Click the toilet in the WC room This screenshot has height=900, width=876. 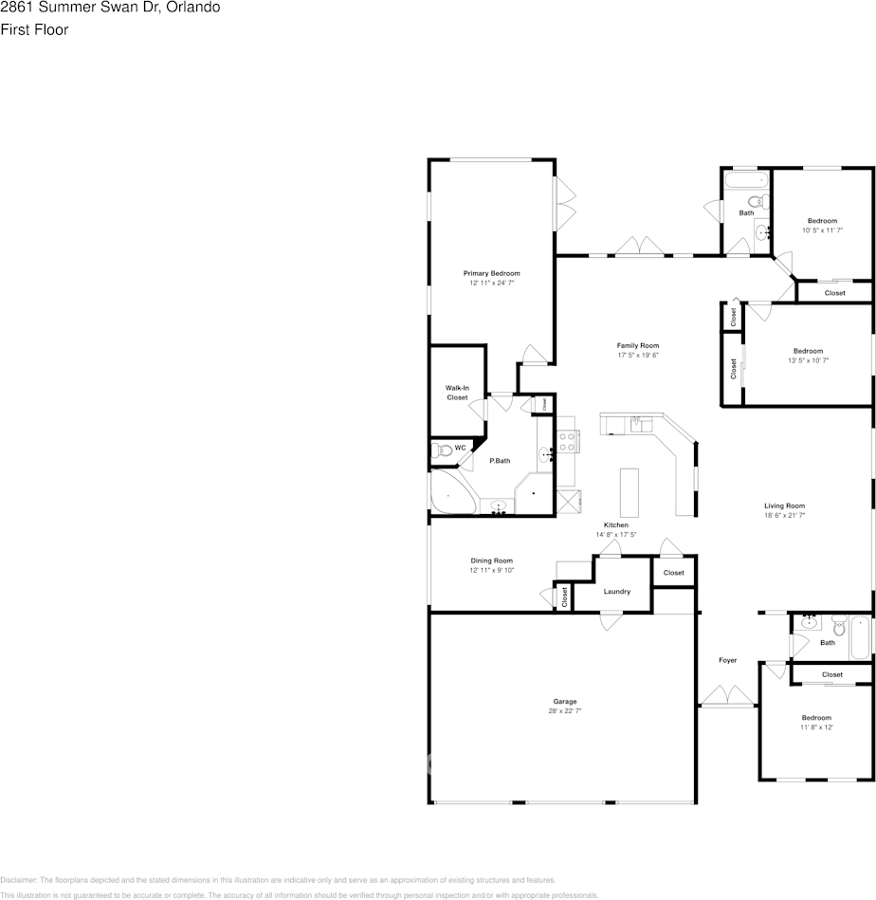coord(438,450)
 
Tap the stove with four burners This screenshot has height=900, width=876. coord(568,441)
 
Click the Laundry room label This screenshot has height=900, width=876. coord(616,592)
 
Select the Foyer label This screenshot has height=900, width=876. coord(727,660)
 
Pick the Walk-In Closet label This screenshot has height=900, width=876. coord(457,393)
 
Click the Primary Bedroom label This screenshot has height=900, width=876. coord(491,273)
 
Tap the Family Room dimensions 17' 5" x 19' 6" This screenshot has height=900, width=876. coord(637,356)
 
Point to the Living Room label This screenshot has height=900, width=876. coord(784,505)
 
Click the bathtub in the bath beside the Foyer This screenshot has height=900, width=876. coord(859,636)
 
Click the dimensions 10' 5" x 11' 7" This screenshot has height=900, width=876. coord(821,230)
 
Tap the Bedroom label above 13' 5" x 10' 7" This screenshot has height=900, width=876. coord(808,351)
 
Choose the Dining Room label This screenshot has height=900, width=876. coord(491,560)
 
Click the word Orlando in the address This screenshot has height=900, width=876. coord(196,8)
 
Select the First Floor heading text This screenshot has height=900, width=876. coord(34,29)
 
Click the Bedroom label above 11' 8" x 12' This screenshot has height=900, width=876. coord(815,718)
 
